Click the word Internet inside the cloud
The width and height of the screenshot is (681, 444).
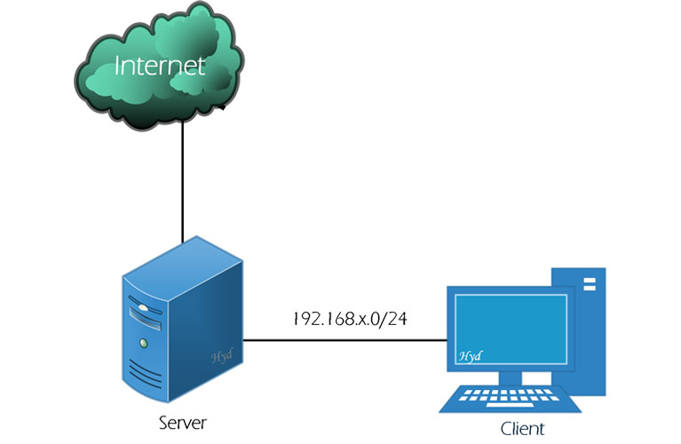(x=160, y=66)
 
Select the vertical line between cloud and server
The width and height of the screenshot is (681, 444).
(x=182, y=182)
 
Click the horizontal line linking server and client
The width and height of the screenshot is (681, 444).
(x=344, y=340)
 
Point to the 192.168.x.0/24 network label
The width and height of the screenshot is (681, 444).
(x=350, y=319)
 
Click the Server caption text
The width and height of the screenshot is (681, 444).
(x=182, y=423)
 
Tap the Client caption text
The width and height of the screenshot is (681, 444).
(x=522, y=429)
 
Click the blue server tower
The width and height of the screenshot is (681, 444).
(x=182, y=320)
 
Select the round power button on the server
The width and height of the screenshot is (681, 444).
(x=143, y=344)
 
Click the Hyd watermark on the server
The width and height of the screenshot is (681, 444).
(x=222, y=356)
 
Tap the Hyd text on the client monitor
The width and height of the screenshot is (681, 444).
(x=471, y=356)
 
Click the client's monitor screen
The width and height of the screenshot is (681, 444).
(x=511, y=329)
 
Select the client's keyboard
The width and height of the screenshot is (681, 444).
(x=510, y=398)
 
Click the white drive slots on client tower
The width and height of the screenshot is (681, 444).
(x=590, y=283)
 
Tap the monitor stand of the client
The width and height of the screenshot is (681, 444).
(x=511, y=378)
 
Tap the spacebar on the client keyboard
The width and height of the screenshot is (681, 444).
(x=510, y=405)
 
